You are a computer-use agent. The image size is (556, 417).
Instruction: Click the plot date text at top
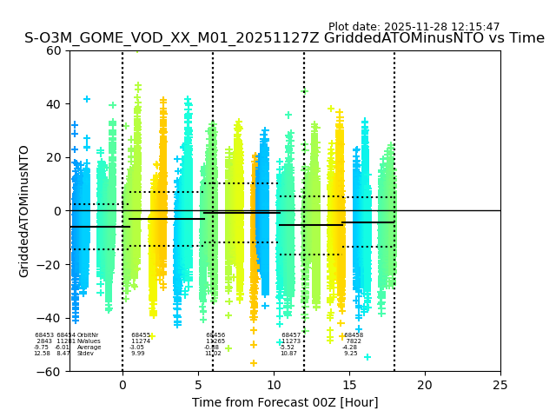tap(414, 27)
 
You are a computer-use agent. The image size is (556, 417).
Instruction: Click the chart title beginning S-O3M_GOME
tap(284, 39)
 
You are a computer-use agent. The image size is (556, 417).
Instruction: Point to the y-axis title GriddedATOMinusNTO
tap(24, 211)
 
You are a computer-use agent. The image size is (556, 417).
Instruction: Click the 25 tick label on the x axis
tap(500, 384)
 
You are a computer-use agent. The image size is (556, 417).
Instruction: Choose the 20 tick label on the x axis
tap(425, 384)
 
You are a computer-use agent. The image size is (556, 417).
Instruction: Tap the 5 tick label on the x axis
tap(198, 384)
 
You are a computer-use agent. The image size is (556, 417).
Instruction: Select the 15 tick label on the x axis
tap(349, 384)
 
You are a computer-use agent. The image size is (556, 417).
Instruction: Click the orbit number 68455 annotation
tap(141, 335)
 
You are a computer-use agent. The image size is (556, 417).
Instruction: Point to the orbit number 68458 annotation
tap(354, 335)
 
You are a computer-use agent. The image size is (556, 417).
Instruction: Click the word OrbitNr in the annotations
tap(88, 335)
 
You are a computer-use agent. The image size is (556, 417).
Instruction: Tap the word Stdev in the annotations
tap(85, 354)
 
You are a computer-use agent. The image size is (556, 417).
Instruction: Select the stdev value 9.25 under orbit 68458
tap(350, 354)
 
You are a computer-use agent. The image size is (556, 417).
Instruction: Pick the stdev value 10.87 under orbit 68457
tap(288, 354)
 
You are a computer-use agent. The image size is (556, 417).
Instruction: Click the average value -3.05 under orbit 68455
tap(137, 347)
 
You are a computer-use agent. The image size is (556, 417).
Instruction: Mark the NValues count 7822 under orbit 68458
tap(354, 341)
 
